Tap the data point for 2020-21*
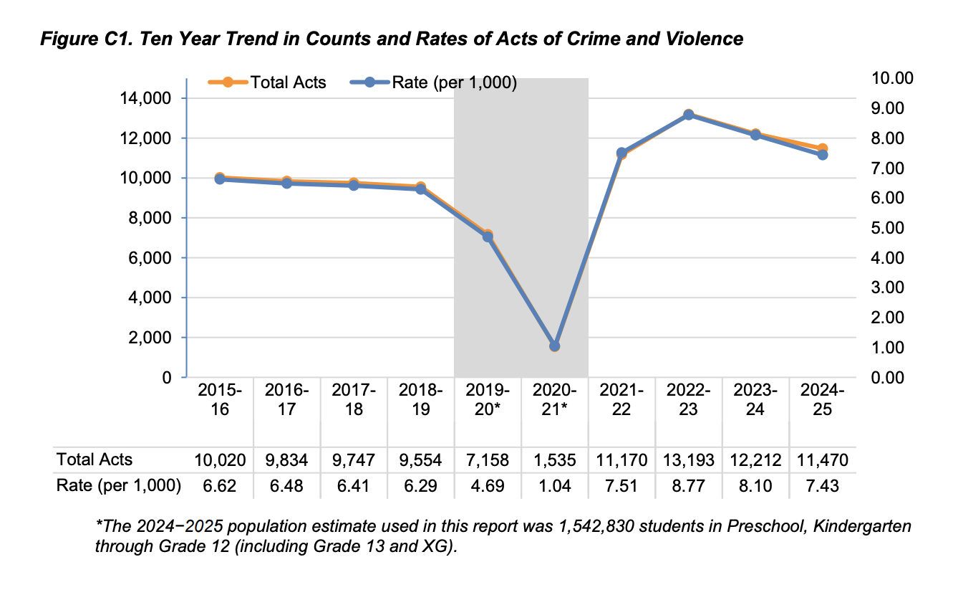[554, 346]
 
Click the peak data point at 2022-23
[688, 115]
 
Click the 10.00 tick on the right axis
[891, 78]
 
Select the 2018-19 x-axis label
[420, 400]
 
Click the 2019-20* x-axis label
[488, 400]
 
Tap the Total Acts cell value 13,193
[688, 460]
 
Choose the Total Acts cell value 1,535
[554, 460]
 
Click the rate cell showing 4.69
[488, 486]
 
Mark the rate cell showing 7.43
[822, 486]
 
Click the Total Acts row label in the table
[95, 460]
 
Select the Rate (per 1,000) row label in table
[118, 486]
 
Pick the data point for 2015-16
[220, 178]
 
